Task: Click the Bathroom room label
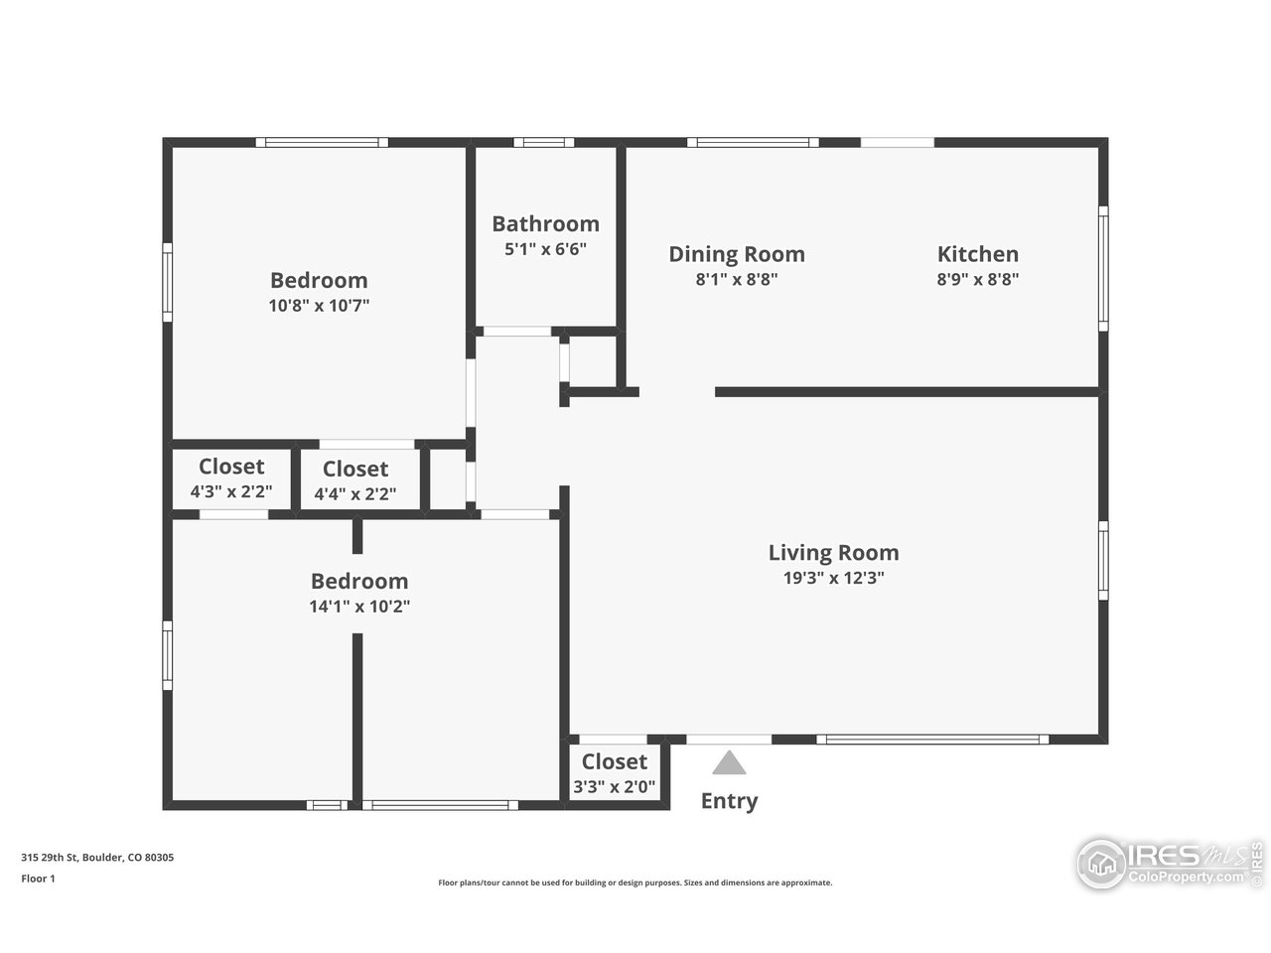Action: click(x=545, y=223)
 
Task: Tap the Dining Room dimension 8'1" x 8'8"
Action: click(x=736, y=280)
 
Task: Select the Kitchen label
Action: click(x=977, y=254)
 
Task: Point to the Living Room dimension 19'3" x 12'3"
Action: click(x=833, y=579)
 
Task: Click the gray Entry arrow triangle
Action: click(x=729, y=762)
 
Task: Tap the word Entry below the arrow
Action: click(x=729, y=801)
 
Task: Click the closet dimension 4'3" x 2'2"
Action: click(x=231, y=491)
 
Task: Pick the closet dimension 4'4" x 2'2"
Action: click(x=354, y=493)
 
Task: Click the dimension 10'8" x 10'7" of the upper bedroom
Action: click(x=319, y=306)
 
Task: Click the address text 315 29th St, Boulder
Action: click(x=97, y=858)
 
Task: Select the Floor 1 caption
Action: click(x=38, y=879)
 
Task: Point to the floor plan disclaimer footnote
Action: click(x=635, y=883)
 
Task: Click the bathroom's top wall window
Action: click(x=543, y=143)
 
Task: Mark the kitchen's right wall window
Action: click(x=1102, y=268)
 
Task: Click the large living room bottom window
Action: click(x=932, y=739)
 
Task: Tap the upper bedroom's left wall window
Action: click(x=168, y=282)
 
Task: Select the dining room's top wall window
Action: click(x=754, y=143)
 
